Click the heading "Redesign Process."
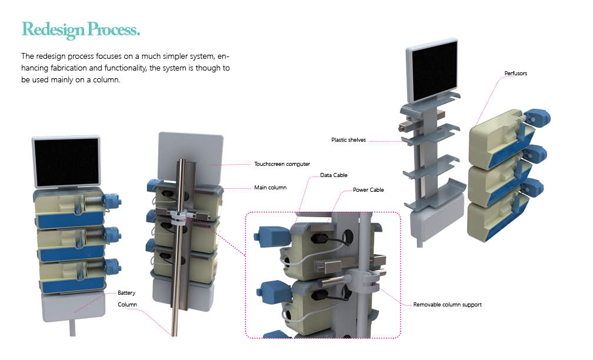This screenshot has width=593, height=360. [81, 29]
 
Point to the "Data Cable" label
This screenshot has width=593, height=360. [334, 175]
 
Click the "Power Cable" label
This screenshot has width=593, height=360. [368, 190]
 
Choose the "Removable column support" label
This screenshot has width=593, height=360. [447, 305]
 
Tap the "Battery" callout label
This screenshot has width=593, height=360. [126, 292]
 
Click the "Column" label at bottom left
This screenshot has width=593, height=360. [127, 304]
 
